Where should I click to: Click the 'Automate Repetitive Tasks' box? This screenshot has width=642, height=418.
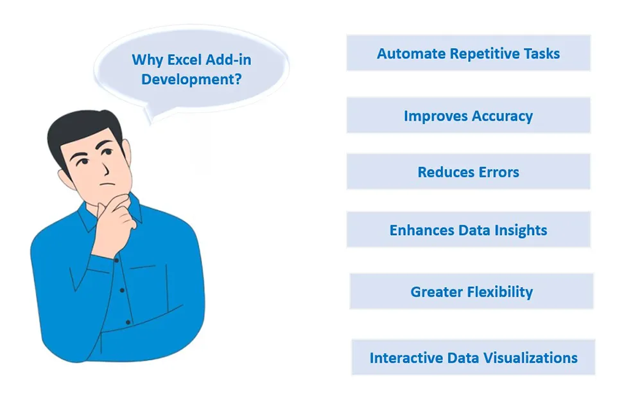[469, 53]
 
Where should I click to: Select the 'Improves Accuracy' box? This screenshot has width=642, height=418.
[469, 116]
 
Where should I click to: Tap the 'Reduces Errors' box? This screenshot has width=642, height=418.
[469, 172]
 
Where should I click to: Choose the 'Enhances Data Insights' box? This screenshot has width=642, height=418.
[469, 230]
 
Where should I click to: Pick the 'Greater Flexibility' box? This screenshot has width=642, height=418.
[472, 292]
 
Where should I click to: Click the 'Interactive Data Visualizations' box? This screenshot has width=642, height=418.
[473, 358]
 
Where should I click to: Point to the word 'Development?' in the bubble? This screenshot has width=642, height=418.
[191, 80]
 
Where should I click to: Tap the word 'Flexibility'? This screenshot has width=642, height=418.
[500, 292]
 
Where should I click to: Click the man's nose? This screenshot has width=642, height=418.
[105, 167]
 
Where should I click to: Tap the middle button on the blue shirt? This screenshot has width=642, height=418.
[122, 290]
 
